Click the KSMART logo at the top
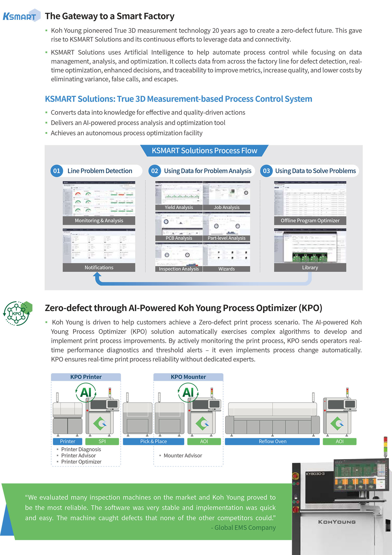21,16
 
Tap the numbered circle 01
56,171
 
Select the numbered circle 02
154,171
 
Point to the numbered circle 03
266,171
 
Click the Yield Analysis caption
179,207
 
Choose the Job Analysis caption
227,207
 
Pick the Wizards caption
227,269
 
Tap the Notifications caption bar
99,267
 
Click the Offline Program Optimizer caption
310,220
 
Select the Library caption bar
310,267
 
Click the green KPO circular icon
17,313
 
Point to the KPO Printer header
86,377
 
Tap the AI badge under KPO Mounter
188,392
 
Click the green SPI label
102,441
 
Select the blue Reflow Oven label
272,441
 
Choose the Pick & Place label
153,441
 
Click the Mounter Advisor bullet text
183,455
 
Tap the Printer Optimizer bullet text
81,462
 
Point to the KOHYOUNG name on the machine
337,522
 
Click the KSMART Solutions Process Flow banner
204,151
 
